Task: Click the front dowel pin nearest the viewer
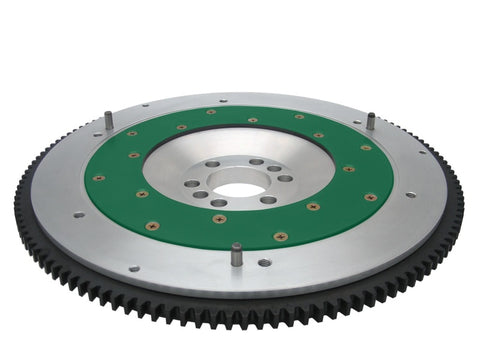coord(236,254)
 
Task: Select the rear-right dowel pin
coord(369,120)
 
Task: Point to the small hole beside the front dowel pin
coord(264,262)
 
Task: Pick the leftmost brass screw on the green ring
coord(99,179)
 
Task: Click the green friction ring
coord(330,200)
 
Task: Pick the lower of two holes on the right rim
coord(410,194)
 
